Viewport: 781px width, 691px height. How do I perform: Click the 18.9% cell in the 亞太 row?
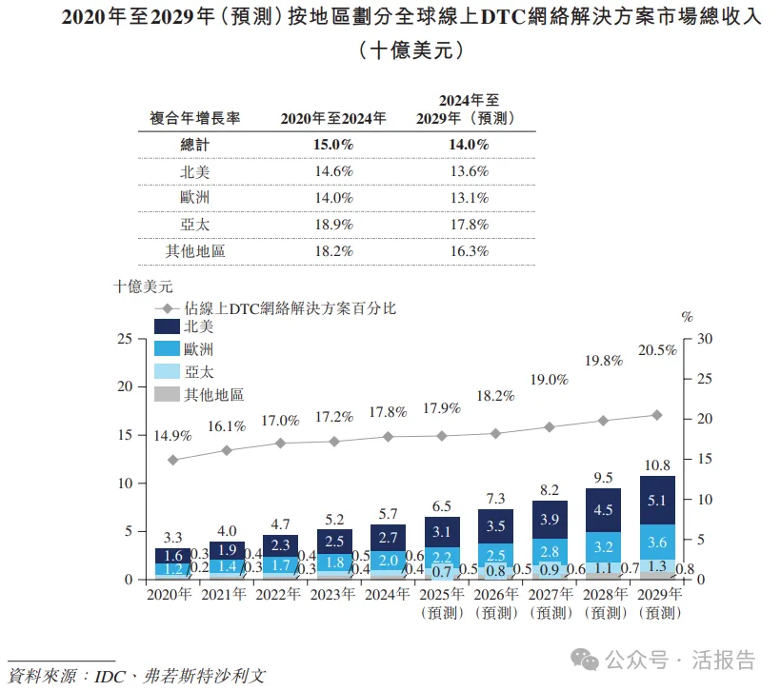pyautogui.click(x=333, y=225)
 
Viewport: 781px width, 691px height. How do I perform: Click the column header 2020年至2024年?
pyautogui.click(x=333, y=118)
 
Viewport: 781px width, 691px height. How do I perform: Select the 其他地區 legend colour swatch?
pyautogui.click(x=166, y=395)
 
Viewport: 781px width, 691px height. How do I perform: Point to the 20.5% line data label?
pyautogui.click(x=657, y=350)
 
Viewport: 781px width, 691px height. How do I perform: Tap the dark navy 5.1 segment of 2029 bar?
pyautogui.click(x=657, y=500)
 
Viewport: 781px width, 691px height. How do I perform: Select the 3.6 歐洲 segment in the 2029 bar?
pyautogui.click(x=657, y=543)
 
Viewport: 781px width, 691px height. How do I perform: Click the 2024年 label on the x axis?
pyautogui.click(x=388, y=595)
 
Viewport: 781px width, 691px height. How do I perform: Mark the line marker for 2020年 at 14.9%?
pyautogui.click(x=172, y=460)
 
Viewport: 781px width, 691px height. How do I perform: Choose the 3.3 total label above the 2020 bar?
pyautogui.click(x=172, y=538)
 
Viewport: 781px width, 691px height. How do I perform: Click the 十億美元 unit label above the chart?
pyautogui.click(x=143, y=286)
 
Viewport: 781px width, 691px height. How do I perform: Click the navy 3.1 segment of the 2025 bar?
pyautogui.click(x=442, y=532)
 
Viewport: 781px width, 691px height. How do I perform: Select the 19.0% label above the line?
pyautogui.click(x=550, y=379)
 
